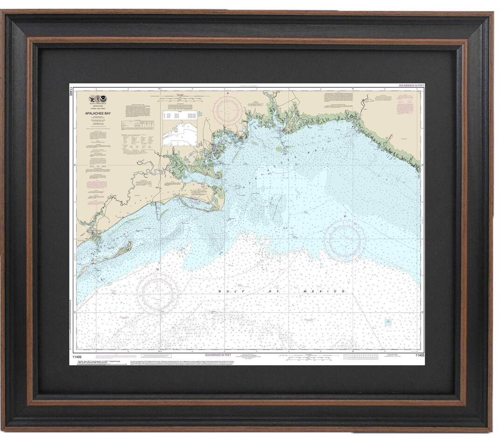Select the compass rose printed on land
click(x=227, y=109)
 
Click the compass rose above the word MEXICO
click(x=345, y=240)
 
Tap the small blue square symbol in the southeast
click(x=388, y=323)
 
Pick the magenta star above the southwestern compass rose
click(x=158, y=269)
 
